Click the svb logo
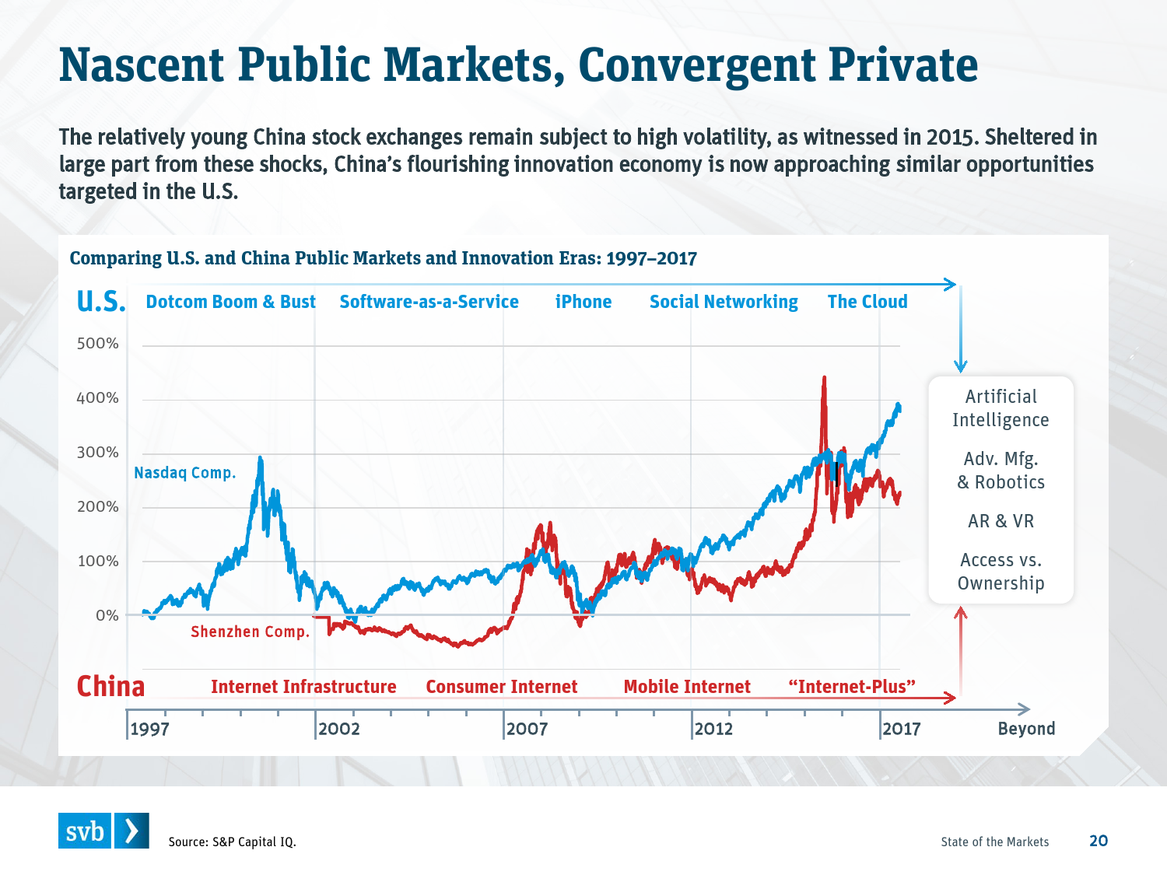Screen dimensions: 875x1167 (x=103, y=831)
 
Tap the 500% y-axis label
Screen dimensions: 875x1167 (x=98, y=344)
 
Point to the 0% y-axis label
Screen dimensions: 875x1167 (x=107, y=615)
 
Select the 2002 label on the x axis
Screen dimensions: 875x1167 (x=338, y=729)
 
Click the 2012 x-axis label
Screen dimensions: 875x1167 (x=713, y=729)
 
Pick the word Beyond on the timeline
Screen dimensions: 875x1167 (x=1026, y=729)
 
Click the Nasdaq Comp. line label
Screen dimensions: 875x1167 (x=184, y=473)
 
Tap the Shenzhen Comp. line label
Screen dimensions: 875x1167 (x=250, y=632)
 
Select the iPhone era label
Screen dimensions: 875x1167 (x=583, y=302)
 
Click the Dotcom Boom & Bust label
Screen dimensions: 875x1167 (x=230, y=302)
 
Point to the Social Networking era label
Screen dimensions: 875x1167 (x=724, y=302)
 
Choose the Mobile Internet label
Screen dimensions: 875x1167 (x=687, y=687)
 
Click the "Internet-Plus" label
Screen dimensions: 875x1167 (x=851, y=687)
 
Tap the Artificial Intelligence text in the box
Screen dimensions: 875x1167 (x=1001, y=408)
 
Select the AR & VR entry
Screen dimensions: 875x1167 (x=1001, y=521)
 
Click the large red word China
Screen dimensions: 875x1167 (x=110, y=687)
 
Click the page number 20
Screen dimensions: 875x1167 (x=1099, y=841)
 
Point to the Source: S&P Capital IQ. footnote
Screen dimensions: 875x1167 (x=232, y=842)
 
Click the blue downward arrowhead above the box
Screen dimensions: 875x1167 (x=961, y=366)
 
